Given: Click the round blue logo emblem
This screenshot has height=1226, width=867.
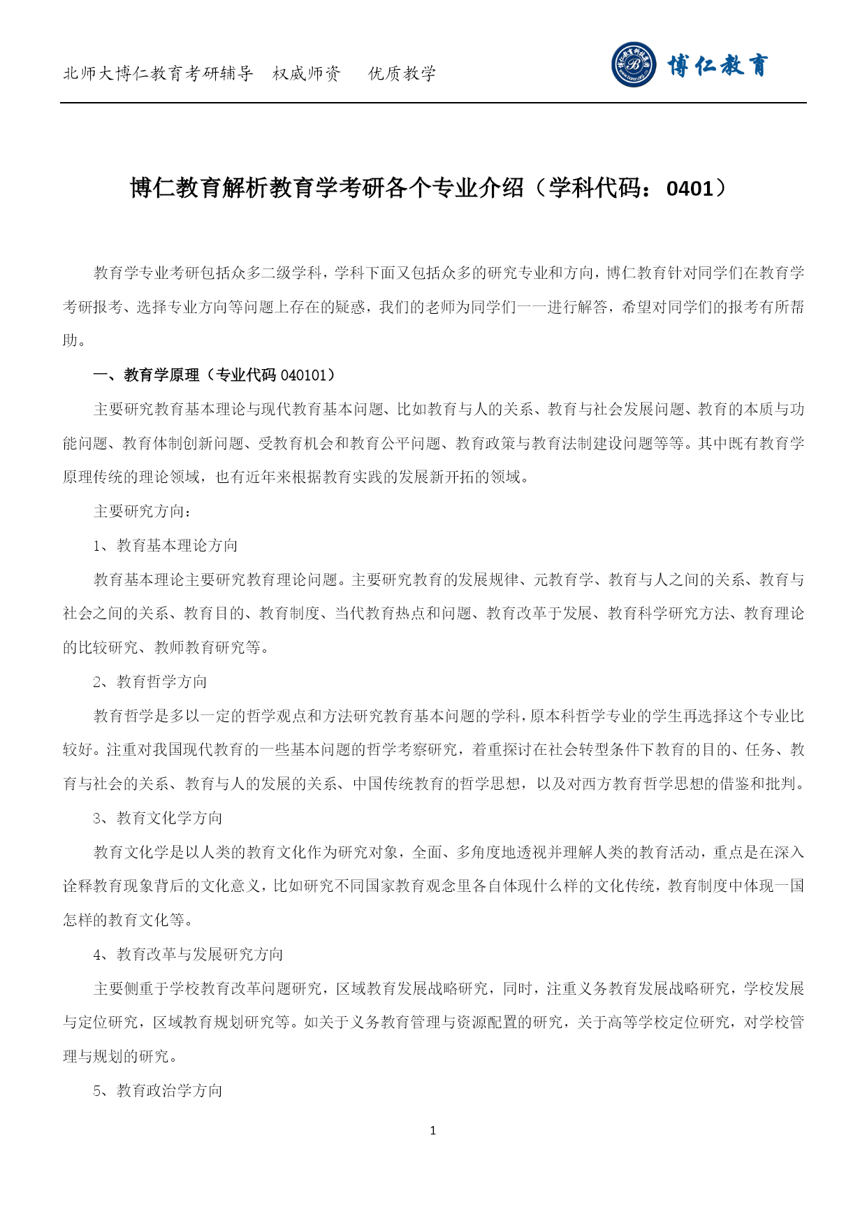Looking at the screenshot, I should pos(634,65).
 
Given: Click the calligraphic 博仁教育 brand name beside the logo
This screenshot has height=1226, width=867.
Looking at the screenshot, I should pos(717,66).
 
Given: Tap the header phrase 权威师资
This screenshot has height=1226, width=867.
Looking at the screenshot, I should pos(307,73).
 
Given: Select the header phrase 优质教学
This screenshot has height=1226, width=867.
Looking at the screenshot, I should pos(402,73).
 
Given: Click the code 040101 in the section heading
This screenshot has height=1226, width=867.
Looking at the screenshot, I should pos(303,375).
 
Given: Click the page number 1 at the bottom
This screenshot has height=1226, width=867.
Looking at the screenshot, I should pos(433,1130).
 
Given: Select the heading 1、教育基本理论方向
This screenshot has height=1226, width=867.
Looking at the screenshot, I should pos(166,545).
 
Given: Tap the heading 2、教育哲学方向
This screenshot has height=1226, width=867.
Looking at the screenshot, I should pos(150,681).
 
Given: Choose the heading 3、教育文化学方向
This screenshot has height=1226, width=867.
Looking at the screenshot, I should pos(158,818).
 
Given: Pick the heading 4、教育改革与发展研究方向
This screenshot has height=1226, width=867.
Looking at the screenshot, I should pos(189,954).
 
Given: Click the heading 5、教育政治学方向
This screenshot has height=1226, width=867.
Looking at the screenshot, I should pos(158,1090).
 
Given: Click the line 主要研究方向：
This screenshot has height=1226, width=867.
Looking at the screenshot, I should pos(143,512).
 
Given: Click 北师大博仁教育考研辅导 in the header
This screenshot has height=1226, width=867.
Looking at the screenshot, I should pos(158,73).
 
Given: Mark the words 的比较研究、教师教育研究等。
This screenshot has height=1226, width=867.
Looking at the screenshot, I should pos(166,647).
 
